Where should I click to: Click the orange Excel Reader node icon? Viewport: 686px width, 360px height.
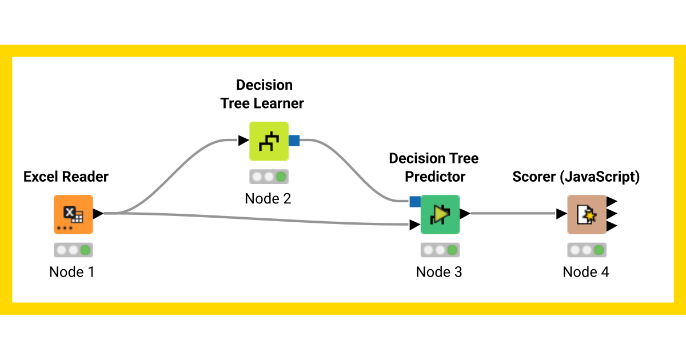(x=73, y=214)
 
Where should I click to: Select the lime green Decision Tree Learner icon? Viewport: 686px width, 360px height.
(x=269, y=141)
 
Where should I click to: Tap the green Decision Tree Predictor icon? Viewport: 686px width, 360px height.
(x=440, y=214)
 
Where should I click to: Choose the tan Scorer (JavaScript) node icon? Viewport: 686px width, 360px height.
(x=587, y=214)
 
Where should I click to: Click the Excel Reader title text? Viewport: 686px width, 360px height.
(x=66, y=177)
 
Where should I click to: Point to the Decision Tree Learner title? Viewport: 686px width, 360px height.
(x=264, y=94)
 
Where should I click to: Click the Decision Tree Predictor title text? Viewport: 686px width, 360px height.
(x=434, y=167)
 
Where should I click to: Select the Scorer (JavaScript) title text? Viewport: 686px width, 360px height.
(x=576, y=177)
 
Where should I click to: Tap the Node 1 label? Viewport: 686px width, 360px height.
(x=72, y=272)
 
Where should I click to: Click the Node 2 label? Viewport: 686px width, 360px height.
(x=268, y=198)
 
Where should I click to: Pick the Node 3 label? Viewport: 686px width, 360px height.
(x=439, y=272)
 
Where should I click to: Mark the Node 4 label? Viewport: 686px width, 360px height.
(x=586, y=272)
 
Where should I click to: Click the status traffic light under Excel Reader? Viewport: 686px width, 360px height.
(x=73, y=250)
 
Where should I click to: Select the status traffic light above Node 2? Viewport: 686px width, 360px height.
(x=269, y=177)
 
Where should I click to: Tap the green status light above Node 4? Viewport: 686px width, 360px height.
(x=599, y=250)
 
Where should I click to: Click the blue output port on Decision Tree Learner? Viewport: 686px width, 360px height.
(x=294, y=141)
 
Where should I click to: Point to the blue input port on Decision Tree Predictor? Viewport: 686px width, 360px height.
(x=415, y=201)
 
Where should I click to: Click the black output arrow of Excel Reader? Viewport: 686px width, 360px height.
(x=98, y=214)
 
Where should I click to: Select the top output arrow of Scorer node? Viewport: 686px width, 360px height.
(x=611, y=202)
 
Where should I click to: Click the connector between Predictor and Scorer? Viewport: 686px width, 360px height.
(x=512, y=214)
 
